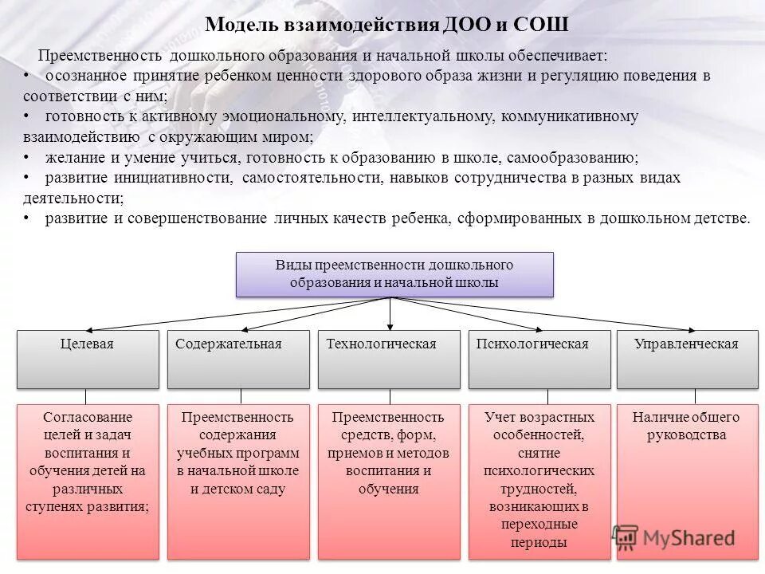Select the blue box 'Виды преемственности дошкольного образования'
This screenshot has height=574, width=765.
coord(394,274)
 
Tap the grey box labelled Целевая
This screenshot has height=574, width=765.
coord(88,359)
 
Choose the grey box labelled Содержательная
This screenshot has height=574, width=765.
coord(238,359)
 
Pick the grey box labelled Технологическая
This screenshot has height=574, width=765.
coord(389,359)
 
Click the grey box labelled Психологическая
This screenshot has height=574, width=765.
coord(539,359)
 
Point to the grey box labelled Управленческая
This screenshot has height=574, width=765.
coord(688,359)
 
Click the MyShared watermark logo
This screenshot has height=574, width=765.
coord(673,537)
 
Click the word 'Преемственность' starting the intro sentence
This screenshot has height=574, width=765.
coord(99,57)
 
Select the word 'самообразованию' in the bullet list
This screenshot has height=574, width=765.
coord(585,157)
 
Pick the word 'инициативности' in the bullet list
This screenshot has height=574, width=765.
coord(177,178)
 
